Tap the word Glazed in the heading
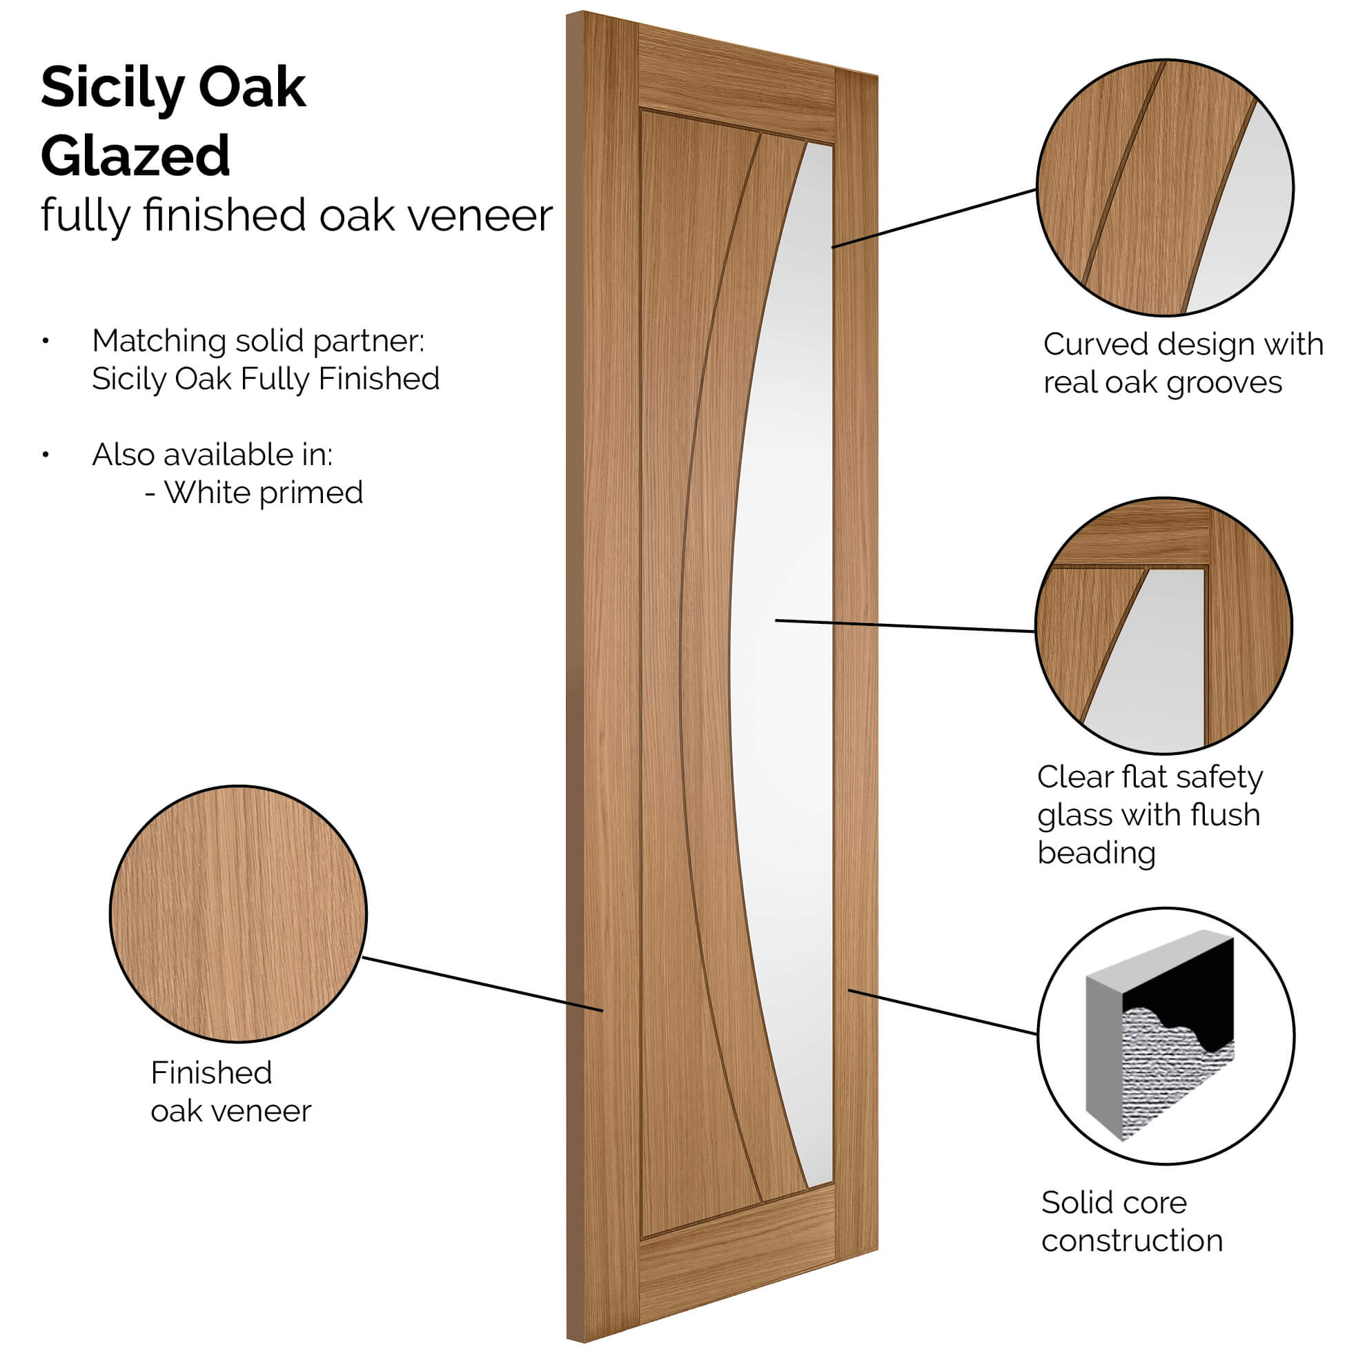[x=135, y=156]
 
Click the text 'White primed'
[x=263, y=493]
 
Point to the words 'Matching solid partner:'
[x=258, y=342]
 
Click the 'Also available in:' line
[x=212, y=455]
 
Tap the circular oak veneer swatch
[x=239, y=914]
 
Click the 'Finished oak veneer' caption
[x=230, y=1092]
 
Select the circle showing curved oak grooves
[x=1165, y=188]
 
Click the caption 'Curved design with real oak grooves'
[x=1183, y=364]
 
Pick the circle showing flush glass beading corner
[x=1163, y=625]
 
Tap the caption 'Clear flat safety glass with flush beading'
[x=1150, y=815]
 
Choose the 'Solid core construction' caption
[x=1132, y=1221]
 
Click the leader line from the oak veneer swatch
[x=482, y=984]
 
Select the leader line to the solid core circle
[x=943, y=1012]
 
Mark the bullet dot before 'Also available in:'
[x=46, y=455]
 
